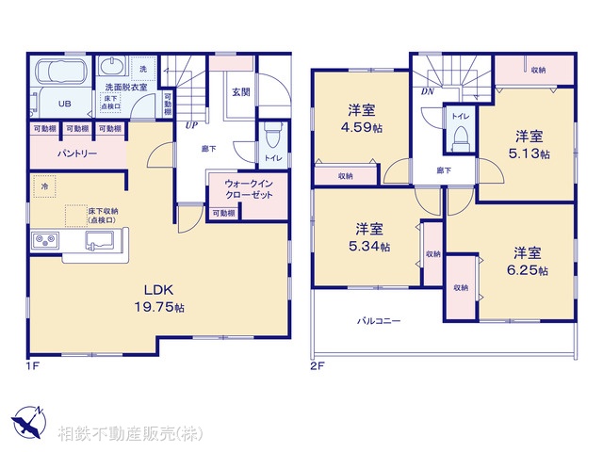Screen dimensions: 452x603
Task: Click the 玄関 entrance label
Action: pyautogui.click(x=240, y=91)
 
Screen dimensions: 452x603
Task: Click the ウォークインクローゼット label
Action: pyautogui.click(x=247, y=188)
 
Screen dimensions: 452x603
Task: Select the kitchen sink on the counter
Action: pyautogui.click(x=99, y=241)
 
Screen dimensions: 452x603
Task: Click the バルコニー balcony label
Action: pyautogui.click(x=379, y=321)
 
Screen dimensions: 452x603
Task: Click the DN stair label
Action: pyautogui.click(x=428, y=92)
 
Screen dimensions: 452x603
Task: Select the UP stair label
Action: pyautogui.click(x=191, y=124)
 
